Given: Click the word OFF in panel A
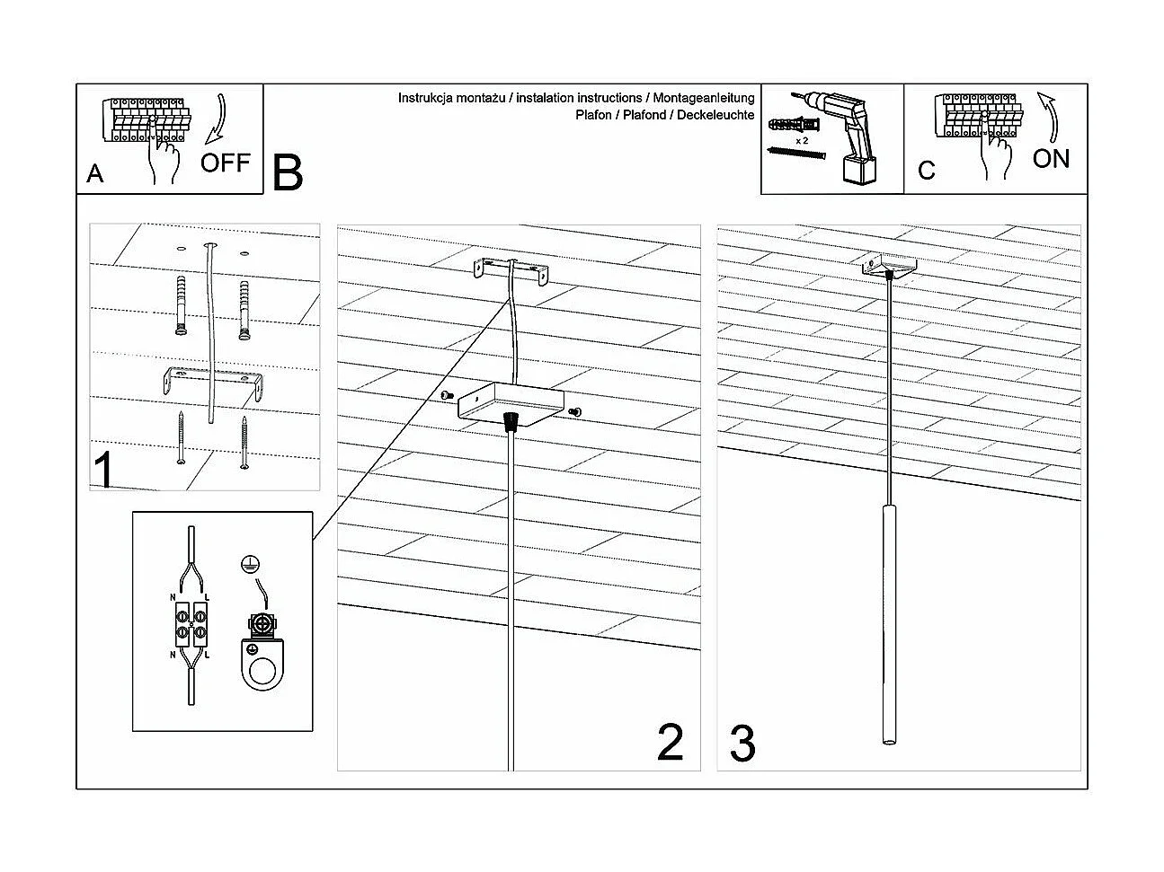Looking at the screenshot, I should coord(225,163).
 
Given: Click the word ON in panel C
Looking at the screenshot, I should coord(1051,159).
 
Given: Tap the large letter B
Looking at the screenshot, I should coord(288,172).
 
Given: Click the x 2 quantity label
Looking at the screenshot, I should coord(801,141).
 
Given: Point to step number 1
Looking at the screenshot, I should coord(104,471).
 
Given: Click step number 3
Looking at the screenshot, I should coord(742,744).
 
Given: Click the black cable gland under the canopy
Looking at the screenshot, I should coord(512,421).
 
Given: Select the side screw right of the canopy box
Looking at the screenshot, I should coord(575,411).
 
